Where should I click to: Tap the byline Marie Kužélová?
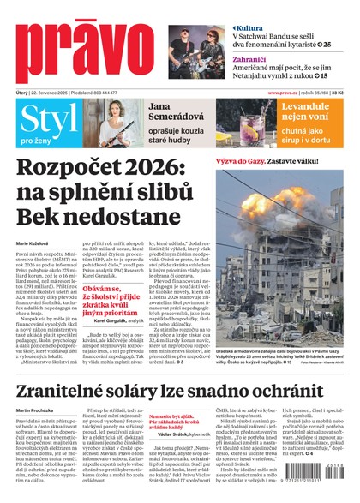pos(34,244)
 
